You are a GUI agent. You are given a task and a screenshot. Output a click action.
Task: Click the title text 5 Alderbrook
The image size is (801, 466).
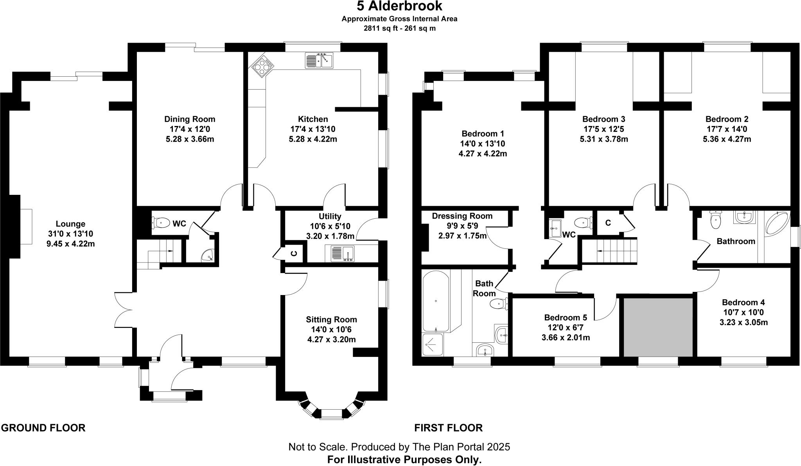click(x=399, y=6)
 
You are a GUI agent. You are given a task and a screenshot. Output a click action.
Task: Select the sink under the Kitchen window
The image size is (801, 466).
click(x=319, y=61)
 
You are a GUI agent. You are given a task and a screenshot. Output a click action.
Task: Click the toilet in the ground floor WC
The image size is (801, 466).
click(x=160, y=223)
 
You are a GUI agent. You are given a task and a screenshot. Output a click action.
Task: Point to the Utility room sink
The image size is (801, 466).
click(x=342, y=253)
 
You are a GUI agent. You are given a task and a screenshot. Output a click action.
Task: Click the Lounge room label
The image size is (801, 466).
click(x=70, y=224)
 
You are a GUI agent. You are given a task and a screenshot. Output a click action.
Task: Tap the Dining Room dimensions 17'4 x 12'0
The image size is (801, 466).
click(x=190, y=129)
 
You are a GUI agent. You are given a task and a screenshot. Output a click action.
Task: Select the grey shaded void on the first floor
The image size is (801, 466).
click(x=658, y=327)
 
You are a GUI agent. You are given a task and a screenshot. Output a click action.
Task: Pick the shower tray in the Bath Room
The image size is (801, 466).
click(x=433, y=344)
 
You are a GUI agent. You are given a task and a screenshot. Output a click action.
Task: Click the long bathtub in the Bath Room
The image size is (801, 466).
click(x=436, y=301)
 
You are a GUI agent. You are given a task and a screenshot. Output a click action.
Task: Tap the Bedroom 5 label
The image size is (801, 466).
click(x=566, y=317)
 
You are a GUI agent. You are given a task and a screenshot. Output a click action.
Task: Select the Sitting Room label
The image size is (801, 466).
click(x=331, y=320)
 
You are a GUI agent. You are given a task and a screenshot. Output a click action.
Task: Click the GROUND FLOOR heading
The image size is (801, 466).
click(x=43, y=428)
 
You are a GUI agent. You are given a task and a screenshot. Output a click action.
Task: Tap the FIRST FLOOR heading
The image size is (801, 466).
click(x=448, y=428)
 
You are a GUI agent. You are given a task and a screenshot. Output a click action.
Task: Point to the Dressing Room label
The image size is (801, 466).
click(x=462, y=216)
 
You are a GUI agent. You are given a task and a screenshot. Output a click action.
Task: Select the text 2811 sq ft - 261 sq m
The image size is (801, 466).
click(x=399, y=28)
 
